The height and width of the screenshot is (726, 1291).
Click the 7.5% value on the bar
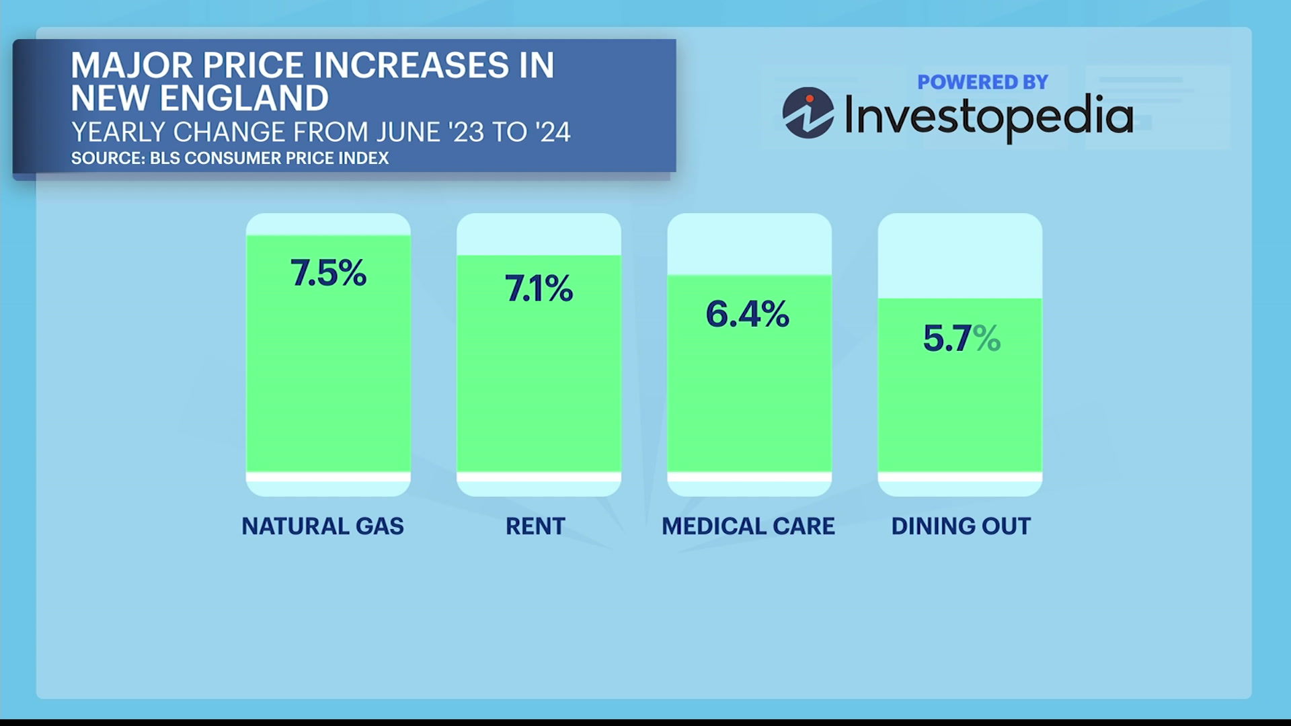(328, 274)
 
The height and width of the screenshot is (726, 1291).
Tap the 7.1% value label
(539, 289)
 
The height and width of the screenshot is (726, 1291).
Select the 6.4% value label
(747, 315)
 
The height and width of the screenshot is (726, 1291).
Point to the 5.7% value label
(962, 338)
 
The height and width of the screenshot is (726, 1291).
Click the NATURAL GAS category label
(323, 526)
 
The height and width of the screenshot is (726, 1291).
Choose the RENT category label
(535, 526)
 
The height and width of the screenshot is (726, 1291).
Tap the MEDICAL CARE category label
(748, 526)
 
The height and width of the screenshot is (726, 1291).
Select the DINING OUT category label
(961, 526)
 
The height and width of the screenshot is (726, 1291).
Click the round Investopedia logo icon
(808, 113)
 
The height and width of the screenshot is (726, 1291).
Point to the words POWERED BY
(982, 82)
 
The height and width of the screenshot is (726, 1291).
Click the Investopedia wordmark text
(988, 116)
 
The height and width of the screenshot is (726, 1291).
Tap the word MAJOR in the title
(132, 66)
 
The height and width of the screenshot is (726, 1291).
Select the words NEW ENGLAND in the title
(200, 98)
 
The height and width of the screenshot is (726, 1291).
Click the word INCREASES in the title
(411, 66)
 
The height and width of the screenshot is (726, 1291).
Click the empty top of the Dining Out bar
(960, 255)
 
